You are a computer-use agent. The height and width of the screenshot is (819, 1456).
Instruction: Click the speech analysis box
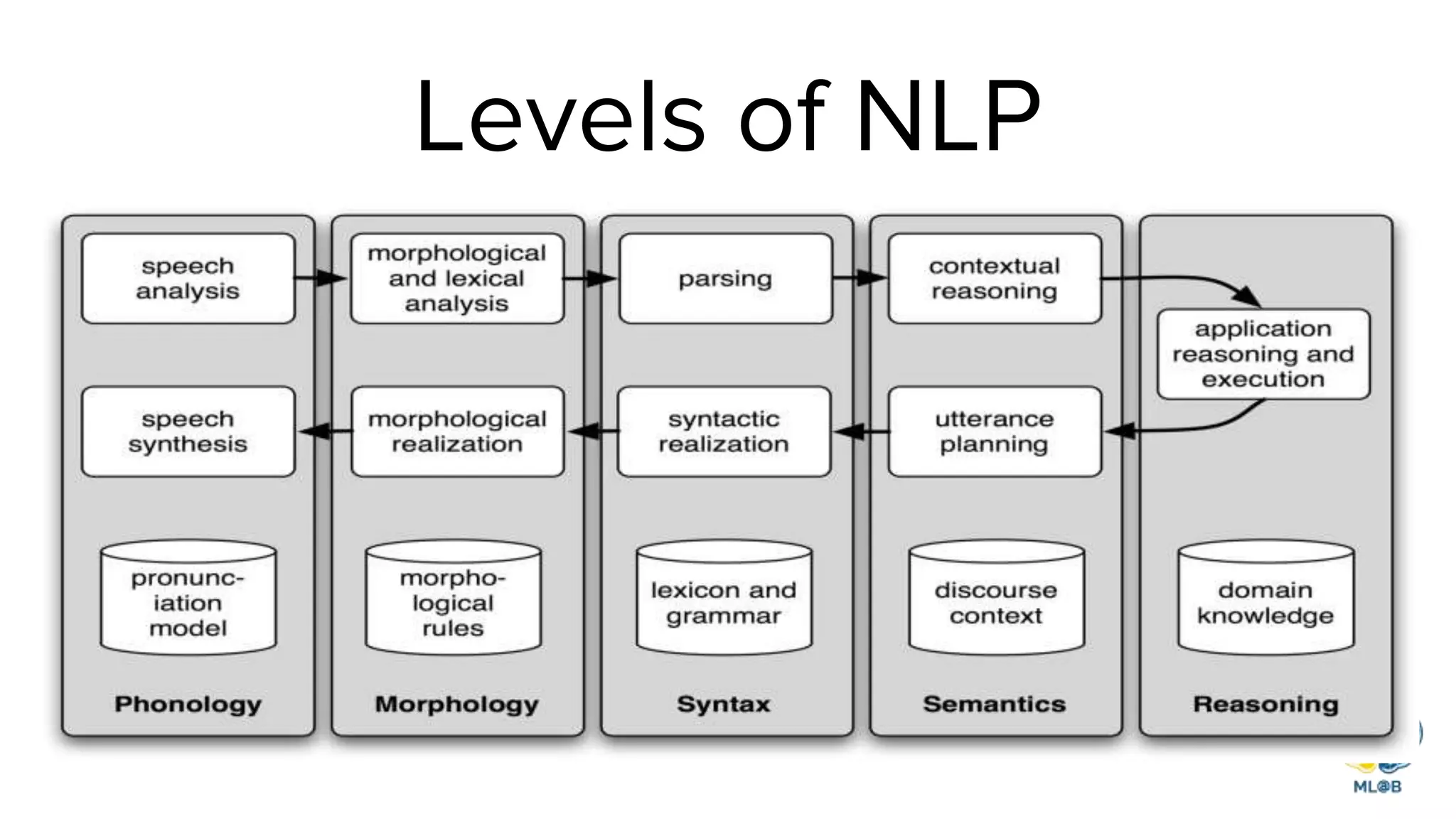(188, 279)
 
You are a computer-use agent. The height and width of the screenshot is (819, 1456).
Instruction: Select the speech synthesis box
(188, 432)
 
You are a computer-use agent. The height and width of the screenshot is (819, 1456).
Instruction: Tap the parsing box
(725, 279)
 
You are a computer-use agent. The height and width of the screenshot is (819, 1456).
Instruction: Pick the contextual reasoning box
(994, 279)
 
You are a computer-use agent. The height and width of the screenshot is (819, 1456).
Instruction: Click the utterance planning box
(994, 432)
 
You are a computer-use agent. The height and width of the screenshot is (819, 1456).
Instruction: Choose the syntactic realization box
(724, 432)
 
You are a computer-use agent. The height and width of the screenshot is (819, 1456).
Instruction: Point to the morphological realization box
(457, 432)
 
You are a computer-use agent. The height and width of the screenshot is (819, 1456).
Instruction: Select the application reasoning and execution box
(1263, 354)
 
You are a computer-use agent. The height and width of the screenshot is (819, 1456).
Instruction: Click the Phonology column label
(188, 704)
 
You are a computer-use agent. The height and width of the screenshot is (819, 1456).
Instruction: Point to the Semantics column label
(994, 704)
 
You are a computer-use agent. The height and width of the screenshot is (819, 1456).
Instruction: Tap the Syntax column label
(724, 704)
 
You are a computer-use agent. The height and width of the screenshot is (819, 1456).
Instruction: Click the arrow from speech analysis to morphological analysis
(322, 278)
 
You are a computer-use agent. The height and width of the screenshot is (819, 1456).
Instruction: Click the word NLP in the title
(948, 117)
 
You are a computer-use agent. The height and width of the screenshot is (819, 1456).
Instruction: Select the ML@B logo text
(1377, 786)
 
